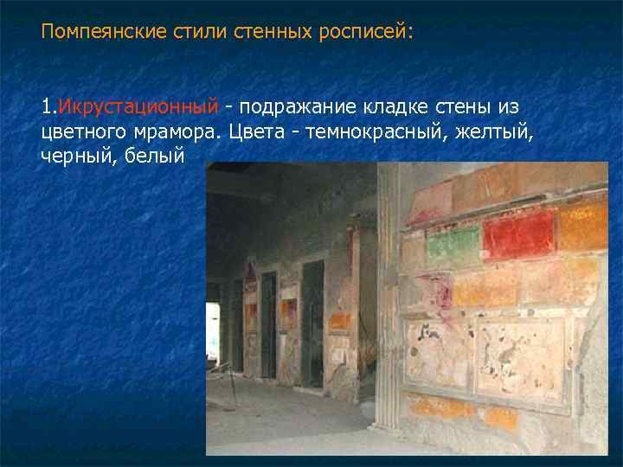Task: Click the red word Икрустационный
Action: [137, 107]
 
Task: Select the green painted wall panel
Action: [453, 246]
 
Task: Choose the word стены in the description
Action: [470, 107]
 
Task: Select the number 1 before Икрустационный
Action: [45, 107]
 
